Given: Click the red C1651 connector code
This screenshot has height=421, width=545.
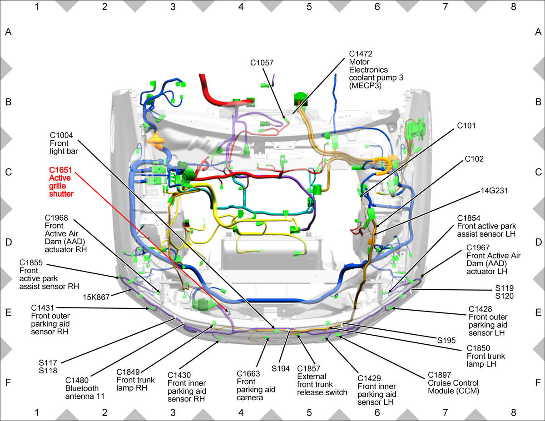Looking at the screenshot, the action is [x=60, y=170].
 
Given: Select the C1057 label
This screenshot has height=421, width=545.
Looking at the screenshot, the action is [x=262, y=63].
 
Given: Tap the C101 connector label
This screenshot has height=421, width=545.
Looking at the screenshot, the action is [x=466, y=126].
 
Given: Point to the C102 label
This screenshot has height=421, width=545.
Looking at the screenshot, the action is [x=474, y=159].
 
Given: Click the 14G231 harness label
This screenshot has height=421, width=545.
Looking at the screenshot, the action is [x=494, y=191].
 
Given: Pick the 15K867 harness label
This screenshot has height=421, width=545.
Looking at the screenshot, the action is [x=96, y=297].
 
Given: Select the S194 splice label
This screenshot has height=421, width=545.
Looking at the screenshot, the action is [x=280, y=369].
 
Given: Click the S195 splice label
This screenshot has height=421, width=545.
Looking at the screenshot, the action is [x=446, y=341].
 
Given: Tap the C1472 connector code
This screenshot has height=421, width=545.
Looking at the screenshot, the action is [x=361, y=54].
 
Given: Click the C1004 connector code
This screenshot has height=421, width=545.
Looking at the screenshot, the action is [x=61, y=135].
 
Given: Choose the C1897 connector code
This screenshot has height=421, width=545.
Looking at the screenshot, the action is [x=439, y=375].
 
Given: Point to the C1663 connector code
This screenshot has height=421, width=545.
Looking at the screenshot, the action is [x=248, y=374].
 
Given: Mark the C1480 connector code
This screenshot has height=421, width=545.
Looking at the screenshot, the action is [x=77, y=381].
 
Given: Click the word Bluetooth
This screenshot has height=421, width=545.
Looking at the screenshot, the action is [x=82, y=388].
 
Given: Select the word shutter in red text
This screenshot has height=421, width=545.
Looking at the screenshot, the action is [x=61, y=194].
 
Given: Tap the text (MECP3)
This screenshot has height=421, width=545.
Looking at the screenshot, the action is [x=365, y=86].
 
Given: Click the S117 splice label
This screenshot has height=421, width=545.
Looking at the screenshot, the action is [x=48, y=363].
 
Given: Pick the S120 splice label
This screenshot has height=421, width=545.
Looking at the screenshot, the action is [x=504, y=296].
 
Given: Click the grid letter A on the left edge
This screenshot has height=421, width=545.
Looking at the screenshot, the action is [x=8, y=32].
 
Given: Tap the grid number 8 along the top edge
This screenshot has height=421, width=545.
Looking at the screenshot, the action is [x=513, y=7].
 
